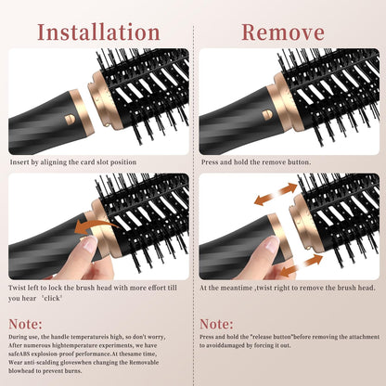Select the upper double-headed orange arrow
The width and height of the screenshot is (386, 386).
276,196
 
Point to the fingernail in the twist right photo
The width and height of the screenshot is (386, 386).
269,246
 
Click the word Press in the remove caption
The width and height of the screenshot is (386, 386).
211,161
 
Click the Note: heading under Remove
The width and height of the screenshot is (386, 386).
216,323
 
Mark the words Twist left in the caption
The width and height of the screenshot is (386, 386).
25,289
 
